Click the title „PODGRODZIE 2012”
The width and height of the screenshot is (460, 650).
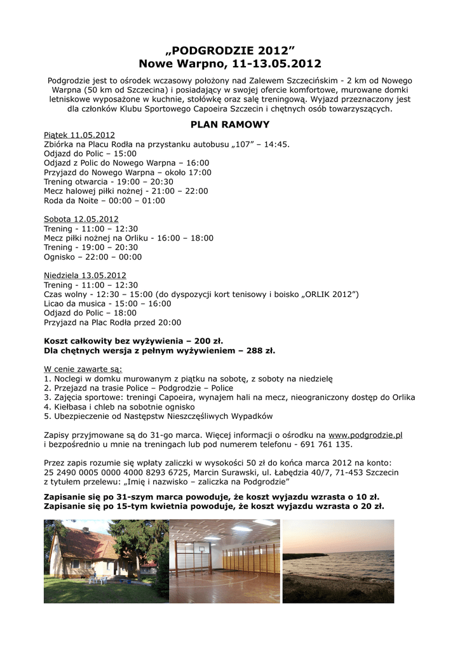tap(230, 50)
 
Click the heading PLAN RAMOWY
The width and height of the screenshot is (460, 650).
tap(230, 124)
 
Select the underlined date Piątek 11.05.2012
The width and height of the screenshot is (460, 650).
tap(79, 135)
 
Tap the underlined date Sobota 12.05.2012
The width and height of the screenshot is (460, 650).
tap(81, 219)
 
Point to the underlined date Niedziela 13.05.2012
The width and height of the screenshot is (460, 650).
tap(85, 275)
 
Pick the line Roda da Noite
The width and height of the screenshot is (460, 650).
tap(104, 201)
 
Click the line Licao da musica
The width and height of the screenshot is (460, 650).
tap(107, 303)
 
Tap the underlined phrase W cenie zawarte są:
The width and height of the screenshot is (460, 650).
tap(83, 369)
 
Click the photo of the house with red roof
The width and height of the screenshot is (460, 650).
tap(105, 561)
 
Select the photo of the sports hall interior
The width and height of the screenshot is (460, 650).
tap(225, 561)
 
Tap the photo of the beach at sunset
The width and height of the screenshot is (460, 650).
tap(338, 561)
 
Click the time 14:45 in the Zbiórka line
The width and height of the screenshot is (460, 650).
tap(276, 144)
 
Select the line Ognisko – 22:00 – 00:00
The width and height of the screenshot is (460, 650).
tap(93, 257)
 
